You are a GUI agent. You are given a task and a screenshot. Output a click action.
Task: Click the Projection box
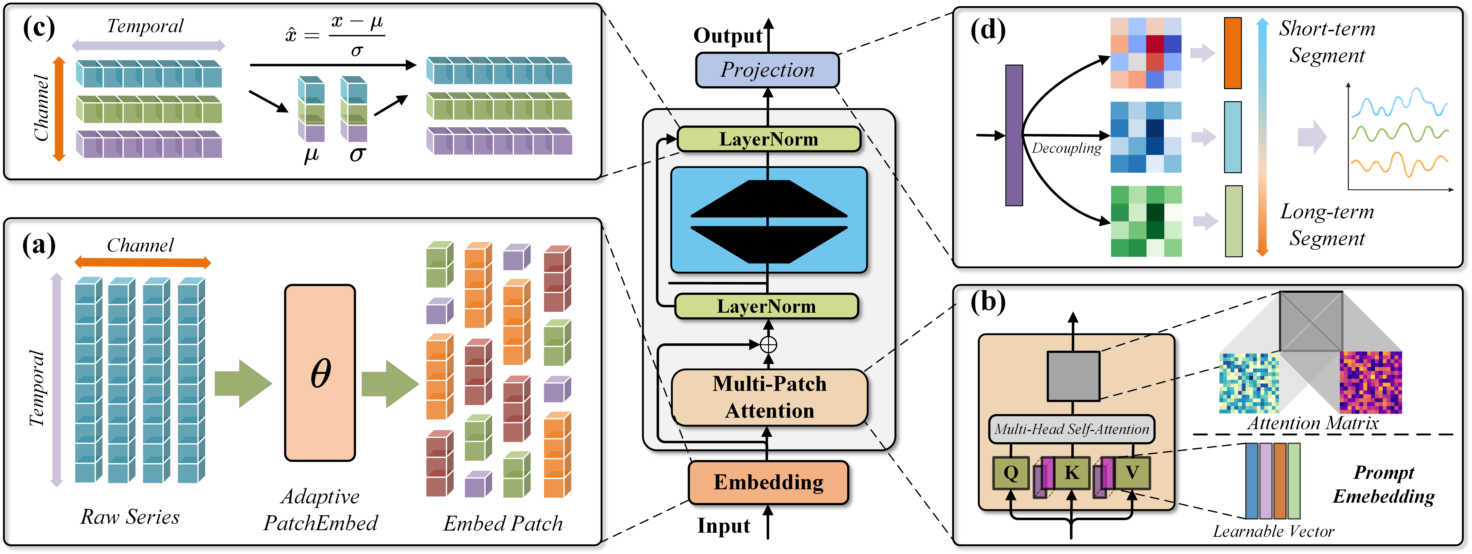click(767, 70)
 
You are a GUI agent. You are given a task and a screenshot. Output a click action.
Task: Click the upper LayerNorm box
click(769, 139)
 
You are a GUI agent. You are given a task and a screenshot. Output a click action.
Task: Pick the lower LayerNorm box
click(766, 306)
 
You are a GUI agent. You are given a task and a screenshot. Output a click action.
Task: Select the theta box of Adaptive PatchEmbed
click(320, 373)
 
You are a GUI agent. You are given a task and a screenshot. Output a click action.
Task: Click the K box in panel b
click(1071, 473)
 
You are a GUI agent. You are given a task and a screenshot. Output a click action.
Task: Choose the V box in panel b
click(1132, 473)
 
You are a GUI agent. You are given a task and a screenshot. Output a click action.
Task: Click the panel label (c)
click(38, 27)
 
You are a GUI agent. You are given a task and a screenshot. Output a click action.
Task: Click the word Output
click(727, 35)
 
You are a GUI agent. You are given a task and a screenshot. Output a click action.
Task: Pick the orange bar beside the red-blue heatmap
click(1233, 53)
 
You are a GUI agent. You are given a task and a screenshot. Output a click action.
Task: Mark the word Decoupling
click(1066, 148)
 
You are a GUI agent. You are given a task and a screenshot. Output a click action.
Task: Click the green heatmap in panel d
click(1146, 221)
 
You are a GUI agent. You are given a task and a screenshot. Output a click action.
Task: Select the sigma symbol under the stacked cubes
click(357, 153)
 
